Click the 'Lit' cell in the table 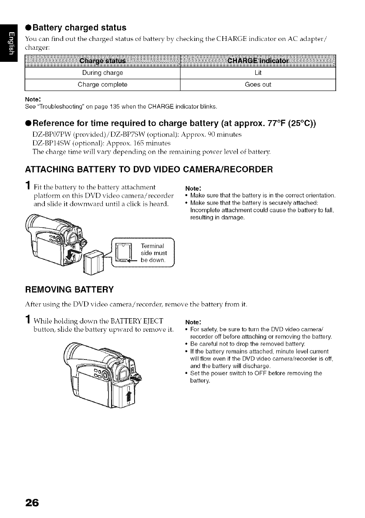click(x=258, y=73)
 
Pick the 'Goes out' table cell click(x=258, y=84)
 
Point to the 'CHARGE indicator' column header click(x=258, y=60)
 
